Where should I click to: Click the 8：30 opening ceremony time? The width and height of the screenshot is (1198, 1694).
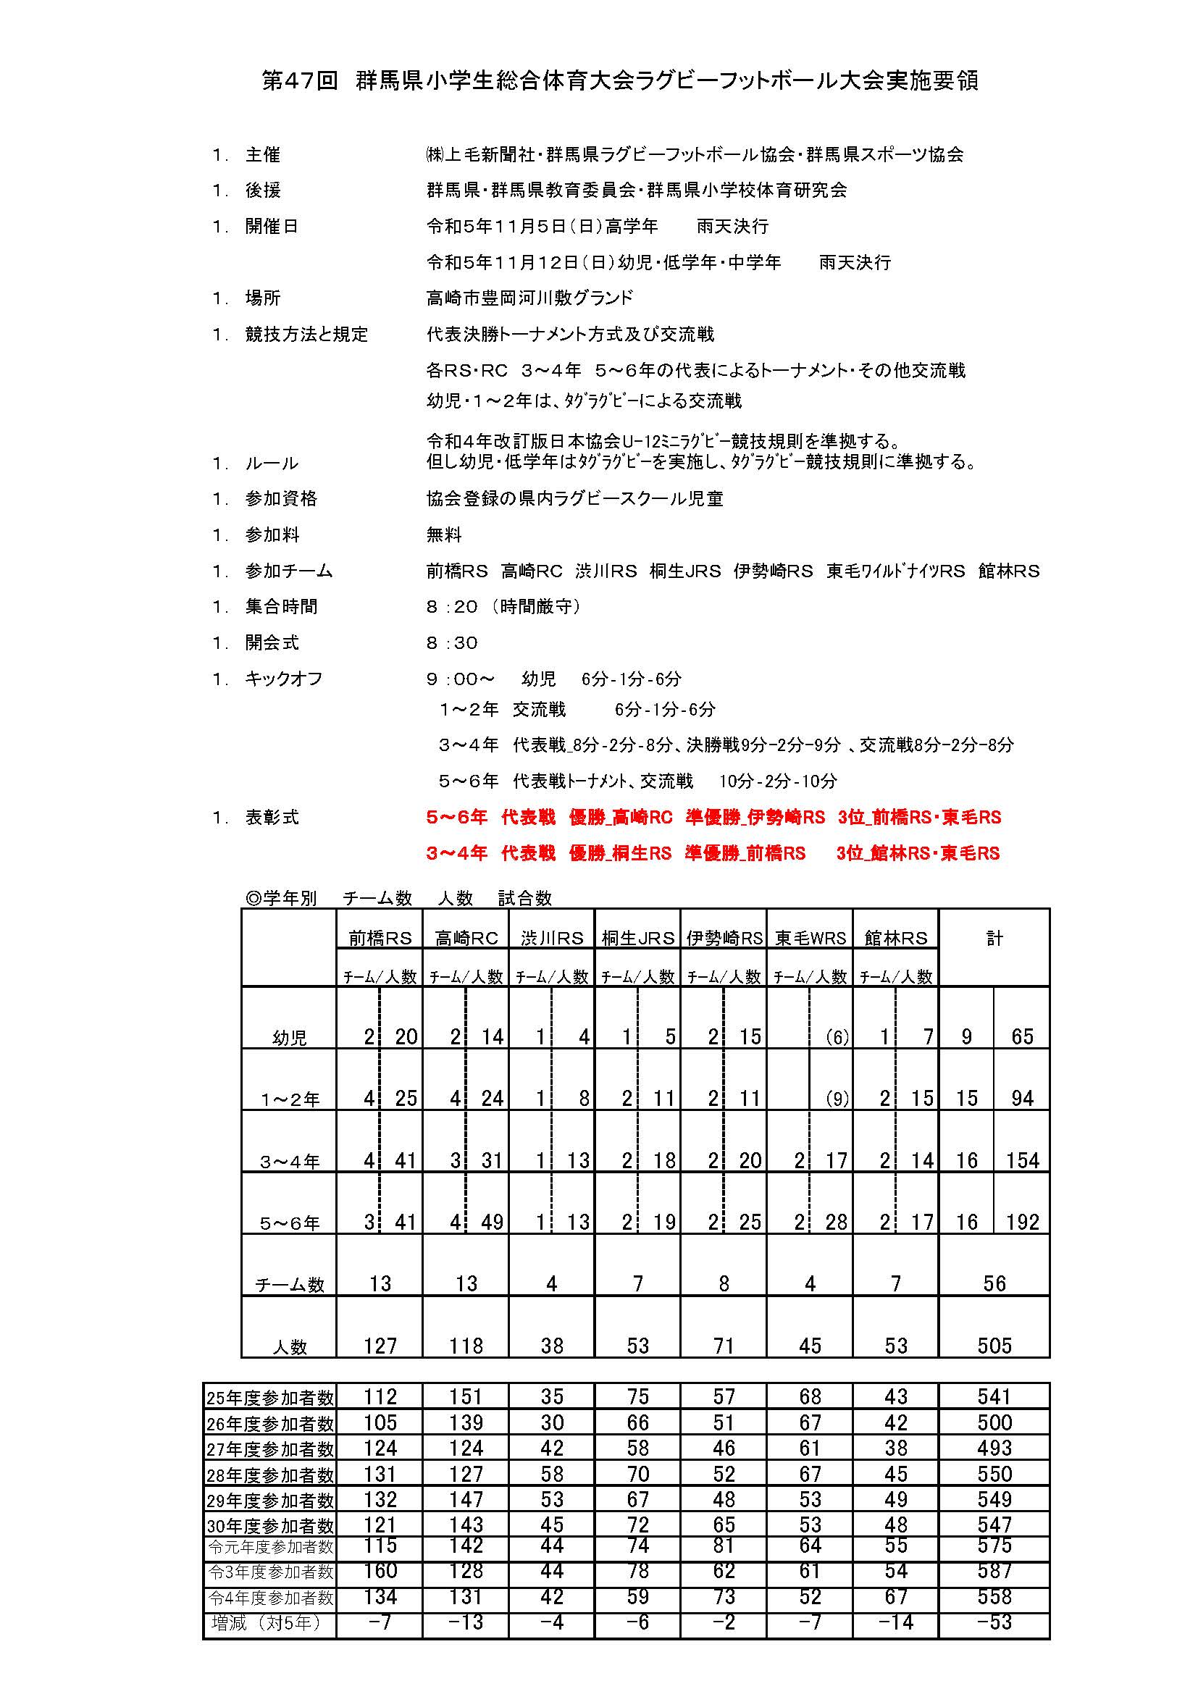pos(451,643)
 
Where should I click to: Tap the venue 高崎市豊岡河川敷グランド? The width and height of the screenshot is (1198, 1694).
pos(529,298)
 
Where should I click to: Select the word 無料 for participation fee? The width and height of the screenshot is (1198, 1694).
pos(443,535)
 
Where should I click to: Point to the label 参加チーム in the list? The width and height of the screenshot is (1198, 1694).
pos(288,571)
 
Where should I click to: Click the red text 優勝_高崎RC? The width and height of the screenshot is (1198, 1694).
pos(621,818)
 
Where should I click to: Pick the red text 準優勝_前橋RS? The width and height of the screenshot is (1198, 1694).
pos(745,854)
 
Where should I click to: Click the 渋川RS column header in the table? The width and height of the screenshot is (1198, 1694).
pos(552,939)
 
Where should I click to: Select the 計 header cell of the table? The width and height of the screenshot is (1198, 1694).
pos(994,939)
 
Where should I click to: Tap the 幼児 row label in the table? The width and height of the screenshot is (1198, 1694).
pos(289,1038)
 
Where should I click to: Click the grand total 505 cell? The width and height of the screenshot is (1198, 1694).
pos(994,1346)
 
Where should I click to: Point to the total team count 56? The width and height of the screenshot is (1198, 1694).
pos(994,1284)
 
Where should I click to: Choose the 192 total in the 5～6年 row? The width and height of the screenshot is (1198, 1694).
pos(1022,1223)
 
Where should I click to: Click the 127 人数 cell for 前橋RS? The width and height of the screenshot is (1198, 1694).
pos(380,1346)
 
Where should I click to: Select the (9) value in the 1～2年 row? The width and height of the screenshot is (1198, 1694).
pos(837,1099)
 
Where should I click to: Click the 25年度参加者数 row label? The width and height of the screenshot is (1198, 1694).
pos(270,1397)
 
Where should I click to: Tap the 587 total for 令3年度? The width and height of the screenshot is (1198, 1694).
pos(994,1571)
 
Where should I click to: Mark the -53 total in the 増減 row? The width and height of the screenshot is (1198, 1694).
pos(994,1622)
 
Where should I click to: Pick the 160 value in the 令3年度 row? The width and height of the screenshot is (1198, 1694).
pos(380,1571)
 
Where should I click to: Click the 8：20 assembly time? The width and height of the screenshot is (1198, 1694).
pos(451,607)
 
